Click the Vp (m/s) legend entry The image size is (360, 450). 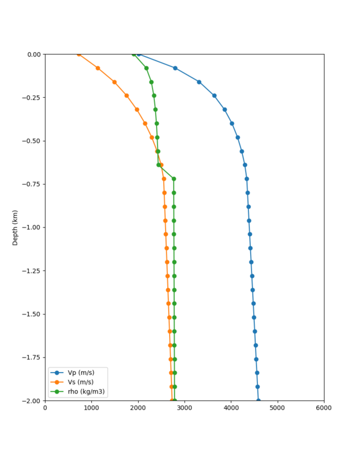point(81,373)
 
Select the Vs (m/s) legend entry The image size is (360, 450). point(81,382)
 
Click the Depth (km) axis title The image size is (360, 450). point(16,227)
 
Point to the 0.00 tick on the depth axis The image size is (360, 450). point(34,55)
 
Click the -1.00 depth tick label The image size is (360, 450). point(32,227)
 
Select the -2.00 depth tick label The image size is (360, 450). point(32,400)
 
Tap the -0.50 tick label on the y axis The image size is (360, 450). point(32,141)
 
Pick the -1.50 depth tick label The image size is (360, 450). point(32,314)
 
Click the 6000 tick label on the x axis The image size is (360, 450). point(324,409)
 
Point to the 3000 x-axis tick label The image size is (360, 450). point(185,409)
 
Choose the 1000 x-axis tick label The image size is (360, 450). point(92,409)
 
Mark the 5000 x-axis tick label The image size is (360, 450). point(277,409)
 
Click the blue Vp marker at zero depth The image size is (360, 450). point(139,54)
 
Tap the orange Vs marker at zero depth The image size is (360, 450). point(79,54)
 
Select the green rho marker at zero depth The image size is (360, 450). point(134,54)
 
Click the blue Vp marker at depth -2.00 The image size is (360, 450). point(258,400)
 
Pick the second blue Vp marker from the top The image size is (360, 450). point(175,68)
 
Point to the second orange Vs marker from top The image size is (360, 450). point(98,68)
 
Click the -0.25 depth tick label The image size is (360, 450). point(32,98)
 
